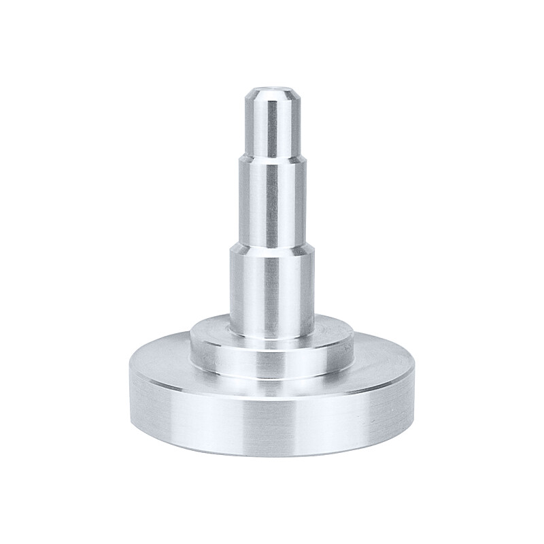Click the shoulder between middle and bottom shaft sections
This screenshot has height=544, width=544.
(271, 246)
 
